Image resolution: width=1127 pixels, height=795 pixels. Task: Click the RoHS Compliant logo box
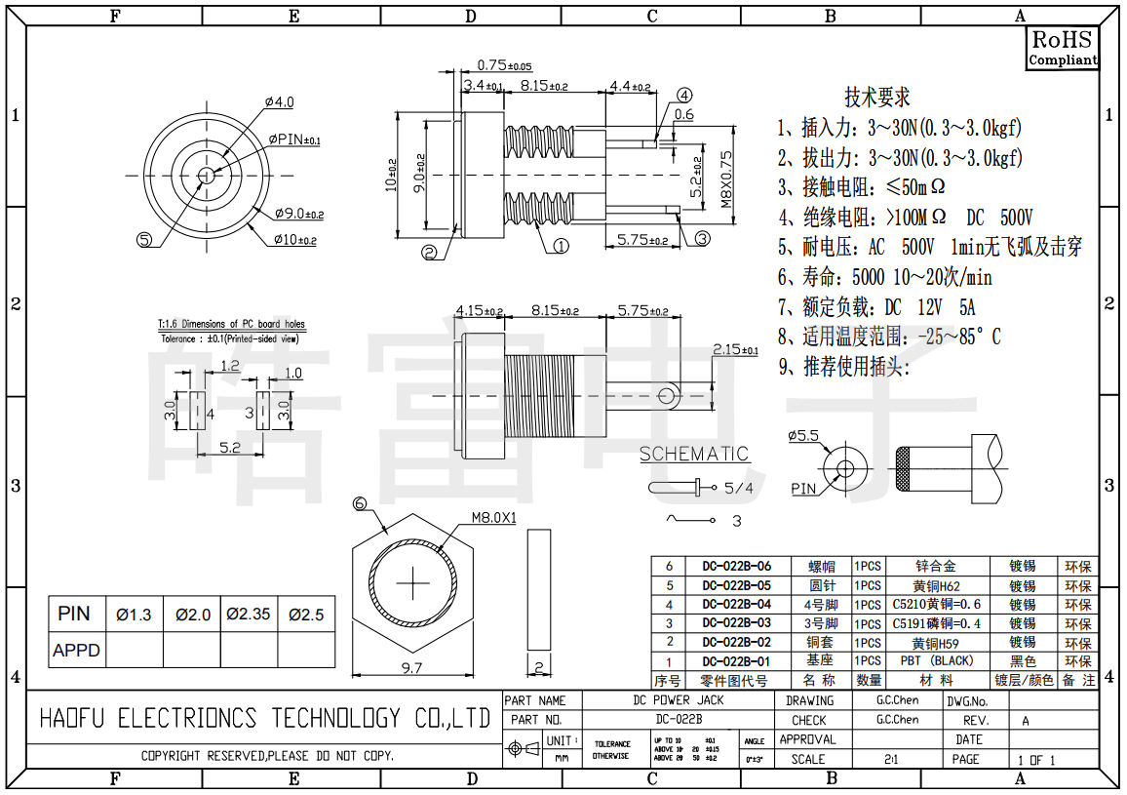pos(1063,48)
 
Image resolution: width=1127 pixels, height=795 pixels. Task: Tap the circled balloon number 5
pos(144,239)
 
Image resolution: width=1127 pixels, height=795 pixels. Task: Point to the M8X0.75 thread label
pos(725,179)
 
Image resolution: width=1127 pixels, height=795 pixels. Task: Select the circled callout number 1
pos(561,246)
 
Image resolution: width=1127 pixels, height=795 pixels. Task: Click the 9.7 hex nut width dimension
pos(411,668)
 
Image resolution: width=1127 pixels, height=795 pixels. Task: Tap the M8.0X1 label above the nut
pos(493,518)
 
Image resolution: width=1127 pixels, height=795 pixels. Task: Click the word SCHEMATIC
pos(694,454)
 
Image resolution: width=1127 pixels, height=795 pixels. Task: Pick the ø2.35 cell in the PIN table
pos(248,615)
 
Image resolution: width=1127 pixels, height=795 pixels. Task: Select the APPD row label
pos(76,650)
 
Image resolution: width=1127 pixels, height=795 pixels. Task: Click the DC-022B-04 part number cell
pos(736,605)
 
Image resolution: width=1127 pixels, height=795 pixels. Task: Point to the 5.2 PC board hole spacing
pos(230,447)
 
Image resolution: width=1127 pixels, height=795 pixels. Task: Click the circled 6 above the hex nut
pos(360,504)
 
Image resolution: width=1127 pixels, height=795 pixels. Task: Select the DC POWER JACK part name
pos(679,700)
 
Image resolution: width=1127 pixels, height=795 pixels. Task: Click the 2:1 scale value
pos(891,759)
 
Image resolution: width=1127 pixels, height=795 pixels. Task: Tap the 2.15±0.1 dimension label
pos(735,349)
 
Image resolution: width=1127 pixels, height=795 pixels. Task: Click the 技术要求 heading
pos(876,98)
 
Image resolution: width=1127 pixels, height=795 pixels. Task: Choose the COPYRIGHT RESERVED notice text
pos(267,756)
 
